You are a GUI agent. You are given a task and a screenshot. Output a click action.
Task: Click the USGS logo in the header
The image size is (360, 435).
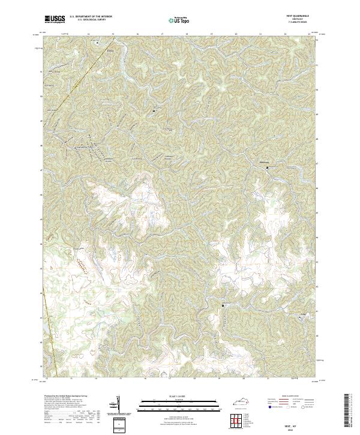pyautogui.click(x=55, y=20)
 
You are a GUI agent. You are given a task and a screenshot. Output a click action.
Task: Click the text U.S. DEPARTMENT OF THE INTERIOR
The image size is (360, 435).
pyautogui.click(x=89, y=17)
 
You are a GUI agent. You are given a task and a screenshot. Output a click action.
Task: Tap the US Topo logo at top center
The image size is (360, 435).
pyautogui.click(x=179, y=20)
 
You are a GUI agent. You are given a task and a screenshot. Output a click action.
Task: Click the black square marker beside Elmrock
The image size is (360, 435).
pyautogui.click(x=268, y=168)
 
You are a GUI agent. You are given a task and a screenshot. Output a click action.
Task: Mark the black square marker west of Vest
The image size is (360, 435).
pyautogui.click(x=223, y=305)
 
